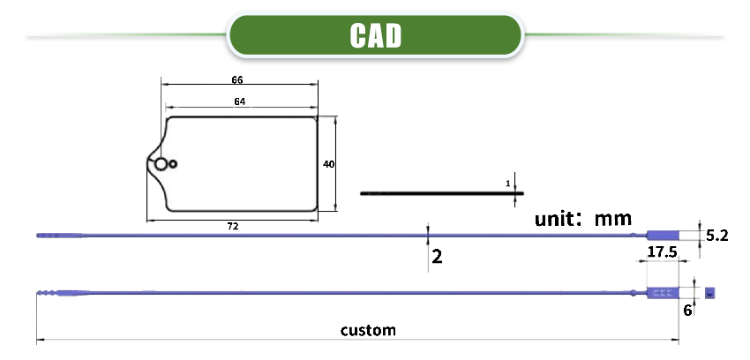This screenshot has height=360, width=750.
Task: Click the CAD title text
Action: click(x=376, y=34)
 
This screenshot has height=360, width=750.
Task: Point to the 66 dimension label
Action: click(x=237, y=79)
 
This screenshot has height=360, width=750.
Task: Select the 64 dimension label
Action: click(x=239, y=101)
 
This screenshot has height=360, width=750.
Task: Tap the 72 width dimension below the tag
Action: click(x=233, y=227)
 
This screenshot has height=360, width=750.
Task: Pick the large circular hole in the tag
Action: click(x=161, y=164)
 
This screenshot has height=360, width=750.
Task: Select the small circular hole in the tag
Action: click(x=174, y=163)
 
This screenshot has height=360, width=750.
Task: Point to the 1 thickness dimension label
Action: click(x=508, y=183)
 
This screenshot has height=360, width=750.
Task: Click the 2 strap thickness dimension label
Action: click(x=436, y=257)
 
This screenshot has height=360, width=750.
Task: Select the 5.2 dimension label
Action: click(x=716, y=236)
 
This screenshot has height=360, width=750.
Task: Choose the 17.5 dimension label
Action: click(x=662, y=252)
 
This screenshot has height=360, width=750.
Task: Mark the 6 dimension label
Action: click(x=687, y=309)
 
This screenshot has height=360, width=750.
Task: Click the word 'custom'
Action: click(x=368, y=331)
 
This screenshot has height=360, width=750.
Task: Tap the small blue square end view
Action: click(x=708, y=293)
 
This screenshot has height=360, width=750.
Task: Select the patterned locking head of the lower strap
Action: click(x=663, y=293)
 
